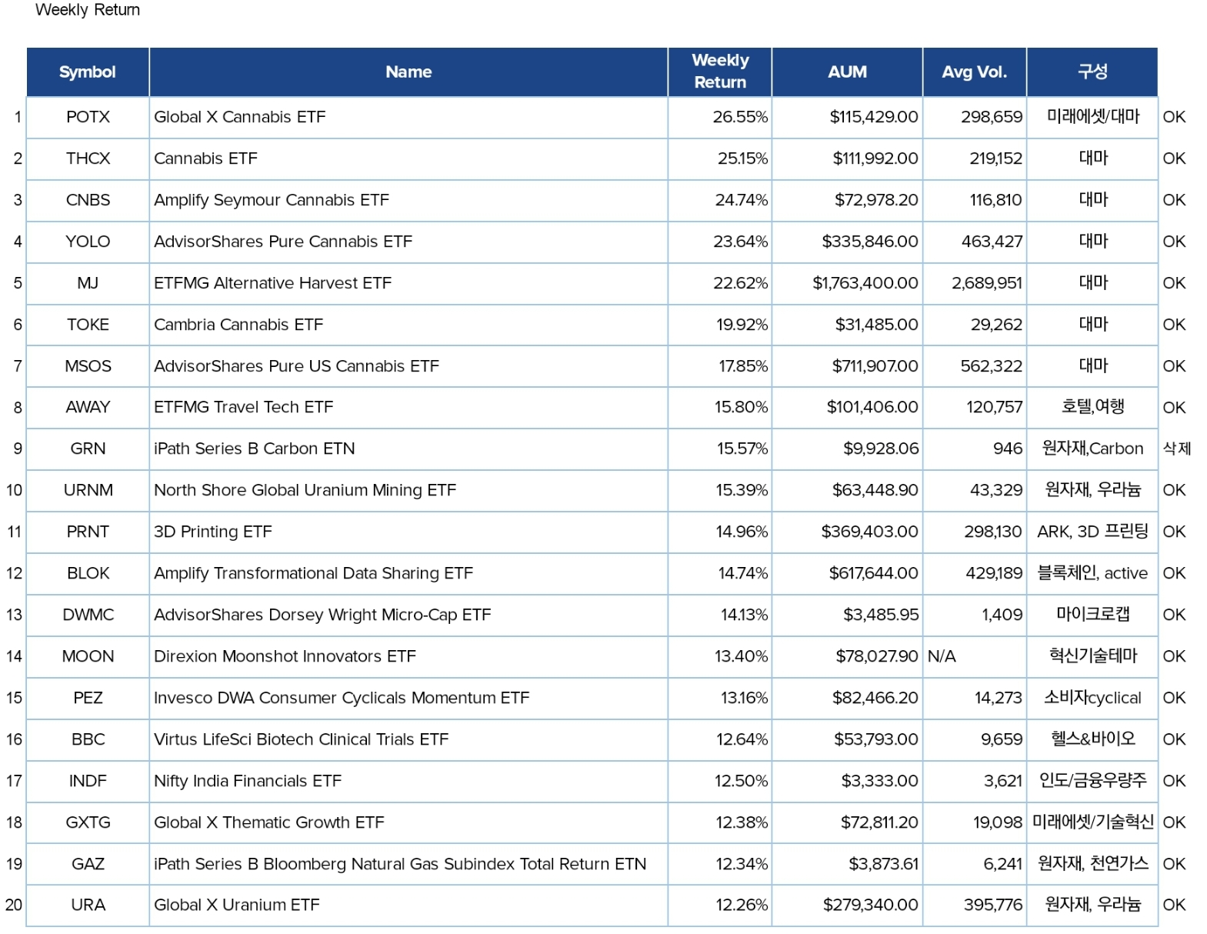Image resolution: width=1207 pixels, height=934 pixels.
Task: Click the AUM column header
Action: click(x=846, y=72)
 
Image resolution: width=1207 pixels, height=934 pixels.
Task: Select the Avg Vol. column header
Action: click(x=974, y=72)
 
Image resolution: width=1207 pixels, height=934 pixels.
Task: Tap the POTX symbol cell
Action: click(x=88, y=117)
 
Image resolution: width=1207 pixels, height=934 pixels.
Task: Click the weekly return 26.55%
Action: click(x=740, y=117)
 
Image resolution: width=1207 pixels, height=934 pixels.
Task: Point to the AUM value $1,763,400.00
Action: click(x=865, y=282)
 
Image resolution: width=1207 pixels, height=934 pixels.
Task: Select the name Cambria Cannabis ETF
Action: click(x=238, y=325)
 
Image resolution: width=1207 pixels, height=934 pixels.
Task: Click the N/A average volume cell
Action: click(x=942, y=655)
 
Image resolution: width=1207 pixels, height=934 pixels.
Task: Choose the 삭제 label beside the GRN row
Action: click(x=1176, y=448)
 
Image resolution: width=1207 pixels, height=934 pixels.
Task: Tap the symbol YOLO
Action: click(x=88, y=241)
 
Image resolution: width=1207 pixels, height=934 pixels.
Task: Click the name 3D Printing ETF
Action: click(x=213, y=532)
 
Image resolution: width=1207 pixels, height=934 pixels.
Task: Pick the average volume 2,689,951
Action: click(x=986, y=282)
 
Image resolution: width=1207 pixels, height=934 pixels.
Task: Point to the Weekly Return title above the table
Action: click(x=87, y=9)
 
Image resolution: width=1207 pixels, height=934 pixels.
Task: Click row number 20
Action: click(x=14, y=905)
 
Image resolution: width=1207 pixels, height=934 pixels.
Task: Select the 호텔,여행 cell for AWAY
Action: click(x=1092, y=406)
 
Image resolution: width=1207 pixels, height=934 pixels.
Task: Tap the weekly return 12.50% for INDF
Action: click(x=741, y=781)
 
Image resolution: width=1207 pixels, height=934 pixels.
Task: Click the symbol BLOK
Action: click(x=88, y=572)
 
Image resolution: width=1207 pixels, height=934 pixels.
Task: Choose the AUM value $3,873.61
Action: click(x=883, y=863)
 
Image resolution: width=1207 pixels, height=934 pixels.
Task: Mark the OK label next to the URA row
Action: click(x=1174, y=905)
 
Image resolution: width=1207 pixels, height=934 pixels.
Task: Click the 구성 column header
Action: click(x=1092, y=71)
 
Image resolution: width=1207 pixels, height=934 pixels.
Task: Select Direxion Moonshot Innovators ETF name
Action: click(x=285, y=655)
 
